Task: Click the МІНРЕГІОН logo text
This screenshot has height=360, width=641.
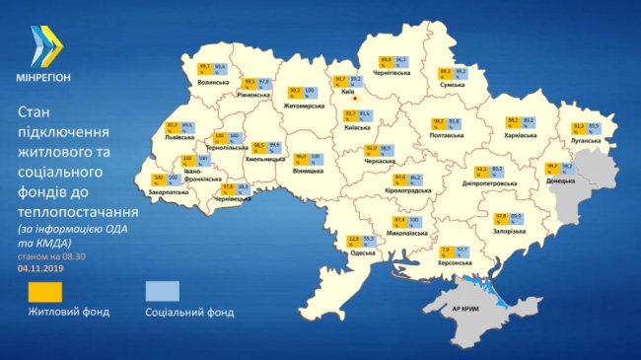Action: (42, 76)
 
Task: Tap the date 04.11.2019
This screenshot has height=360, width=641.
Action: (38, 267)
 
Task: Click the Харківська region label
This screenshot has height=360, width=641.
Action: (520, 135)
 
